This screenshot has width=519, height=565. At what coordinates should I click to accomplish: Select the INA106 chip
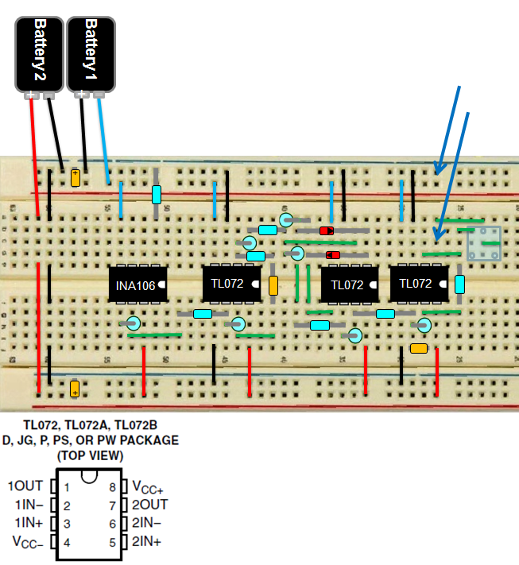(137, 284)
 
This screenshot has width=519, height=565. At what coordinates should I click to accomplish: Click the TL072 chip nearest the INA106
(231, 284)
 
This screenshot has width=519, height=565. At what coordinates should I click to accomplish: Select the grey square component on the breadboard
(484, 243)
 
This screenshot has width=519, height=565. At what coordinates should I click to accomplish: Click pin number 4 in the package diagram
(68, 543)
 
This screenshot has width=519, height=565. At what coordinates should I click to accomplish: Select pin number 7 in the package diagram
(112, 505)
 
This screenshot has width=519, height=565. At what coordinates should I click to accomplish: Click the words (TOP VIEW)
(90, 455)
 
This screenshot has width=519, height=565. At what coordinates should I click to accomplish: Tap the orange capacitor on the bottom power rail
(75, 389)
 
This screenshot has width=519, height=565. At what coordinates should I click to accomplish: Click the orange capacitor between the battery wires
(76, 177)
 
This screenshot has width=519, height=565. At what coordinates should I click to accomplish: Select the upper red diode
(327, 230)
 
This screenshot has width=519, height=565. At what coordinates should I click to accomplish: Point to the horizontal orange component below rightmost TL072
(419, 347)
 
